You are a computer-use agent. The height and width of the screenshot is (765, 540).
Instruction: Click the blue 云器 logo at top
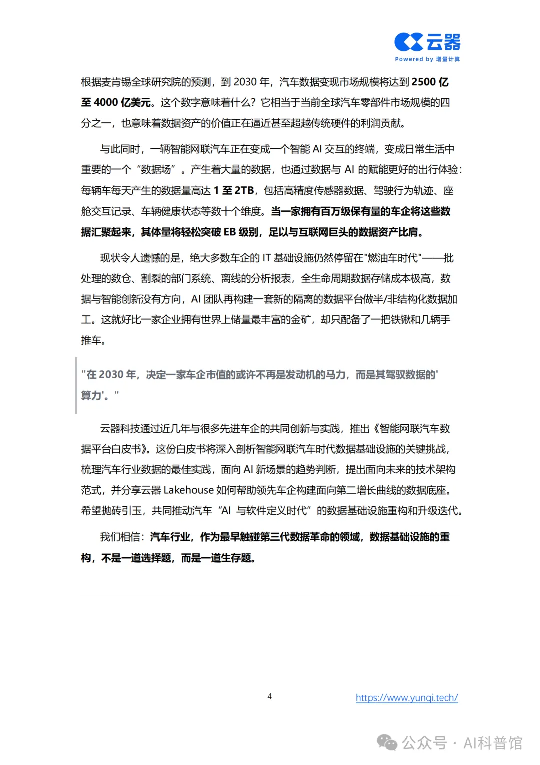pyautogui.click(x=427, y=42)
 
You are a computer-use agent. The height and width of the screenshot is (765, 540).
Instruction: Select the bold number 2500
pyautogui.click(x=423, y=82)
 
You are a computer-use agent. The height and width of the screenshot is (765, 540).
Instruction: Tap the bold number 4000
pyautogui.click(x=106, y=103)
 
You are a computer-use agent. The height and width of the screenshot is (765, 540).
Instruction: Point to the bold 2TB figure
pyautogui.click(x=244, y=191)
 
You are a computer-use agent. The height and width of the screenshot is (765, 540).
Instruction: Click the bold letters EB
pyautogui.click(x=229, y=232)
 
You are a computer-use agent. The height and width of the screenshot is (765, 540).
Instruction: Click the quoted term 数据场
pyautogui.click(x=156, y=170)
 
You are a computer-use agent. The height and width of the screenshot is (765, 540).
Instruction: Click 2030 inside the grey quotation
pyautogui.click(x=111, y=375)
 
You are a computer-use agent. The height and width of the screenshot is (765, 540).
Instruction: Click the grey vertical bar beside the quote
pyautogui.click(x=76, y=385)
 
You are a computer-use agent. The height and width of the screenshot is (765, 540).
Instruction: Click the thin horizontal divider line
pyautogui.click(x=270, y=595)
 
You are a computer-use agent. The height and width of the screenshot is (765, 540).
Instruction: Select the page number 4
pyautogui.click(x=270, y=696)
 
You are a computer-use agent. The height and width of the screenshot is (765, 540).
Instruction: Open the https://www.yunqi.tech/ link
pyautogui.click(x=407, y=698)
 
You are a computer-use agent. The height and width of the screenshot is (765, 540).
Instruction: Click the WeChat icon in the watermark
pyautogui.click(x=387, y=742)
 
